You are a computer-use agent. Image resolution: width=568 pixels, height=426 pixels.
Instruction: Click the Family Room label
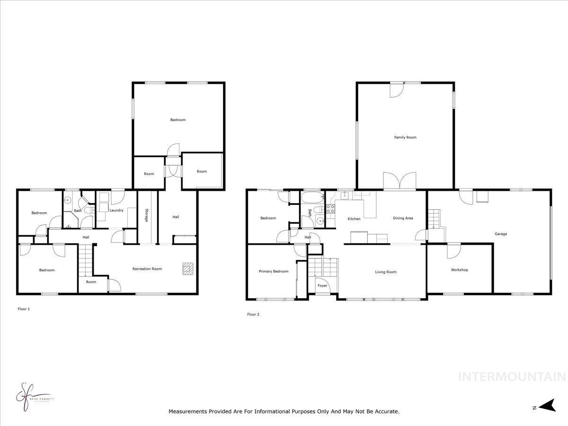coord(405,137)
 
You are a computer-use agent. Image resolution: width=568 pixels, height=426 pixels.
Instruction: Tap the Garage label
coord(501,234)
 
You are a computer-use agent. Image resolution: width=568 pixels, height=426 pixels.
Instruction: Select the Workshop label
coord(459,270)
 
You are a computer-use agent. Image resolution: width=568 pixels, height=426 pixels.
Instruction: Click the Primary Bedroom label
coord(274,272)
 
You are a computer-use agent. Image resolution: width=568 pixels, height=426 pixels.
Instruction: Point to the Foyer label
coord(322,286)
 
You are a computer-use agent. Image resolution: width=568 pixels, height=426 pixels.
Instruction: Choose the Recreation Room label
coord(147,269)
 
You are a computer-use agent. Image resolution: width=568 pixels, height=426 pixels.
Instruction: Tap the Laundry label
coord(116,210)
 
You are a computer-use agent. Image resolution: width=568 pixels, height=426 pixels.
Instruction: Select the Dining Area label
coord(403,218)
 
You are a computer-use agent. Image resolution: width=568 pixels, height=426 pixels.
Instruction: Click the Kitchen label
coord(354,219)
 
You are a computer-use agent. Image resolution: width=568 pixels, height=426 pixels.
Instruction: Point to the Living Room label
coord(386,272)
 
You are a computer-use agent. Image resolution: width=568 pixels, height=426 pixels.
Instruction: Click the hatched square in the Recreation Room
coord(188,269)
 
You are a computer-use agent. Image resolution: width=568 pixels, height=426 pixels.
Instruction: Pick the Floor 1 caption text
coord(23,309)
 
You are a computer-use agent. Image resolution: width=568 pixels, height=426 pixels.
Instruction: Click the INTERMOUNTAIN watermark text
coord(512,377)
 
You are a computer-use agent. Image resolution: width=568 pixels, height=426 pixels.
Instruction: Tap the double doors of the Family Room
coord(400,181)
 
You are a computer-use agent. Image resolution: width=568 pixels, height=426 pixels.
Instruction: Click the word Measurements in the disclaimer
coord(187,412)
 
